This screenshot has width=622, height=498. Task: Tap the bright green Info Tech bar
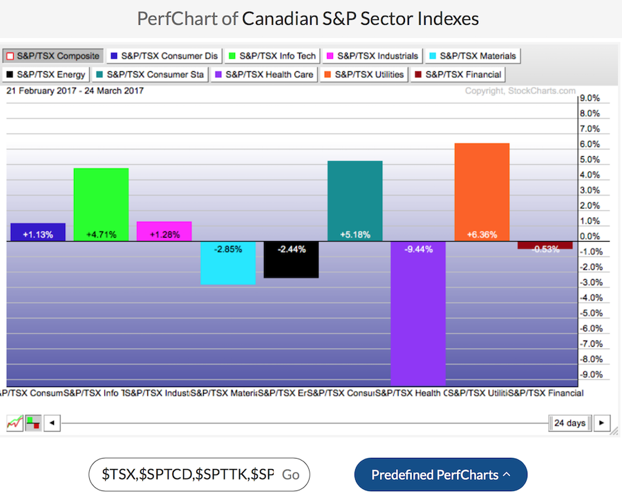(x=101, y=204)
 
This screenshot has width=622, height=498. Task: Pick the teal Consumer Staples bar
(x=355, y=200)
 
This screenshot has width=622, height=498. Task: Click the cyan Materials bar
(x=228, y=263)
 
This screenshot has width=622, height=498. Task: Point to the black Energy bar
(x=291, y=260)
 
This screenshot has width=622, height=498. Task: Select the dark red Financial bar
(x=545, y=245)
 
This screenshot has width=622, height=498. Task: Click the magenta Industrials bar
(x=164, y=231)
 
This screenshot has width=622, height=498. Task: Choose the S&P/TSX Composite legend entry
(x=53, y=55)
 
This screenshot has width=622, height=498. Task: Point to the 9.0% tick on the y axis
(x=590, y=98)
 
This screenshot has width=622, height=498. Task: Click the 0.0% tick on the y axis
(x=590, y=236)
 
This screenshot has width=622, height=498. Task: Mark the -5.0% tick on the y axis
(x=590, y=313)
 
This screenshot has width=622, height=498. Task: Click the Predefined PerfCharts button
(x=440, y=475)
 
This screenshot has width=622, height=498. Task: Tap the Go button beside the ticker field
(x=291, y=475)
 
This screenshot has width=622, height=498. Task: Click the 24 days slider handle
(x=569, y=423)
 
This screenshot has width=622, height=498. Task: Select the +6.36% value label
(x=481, y=234)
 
